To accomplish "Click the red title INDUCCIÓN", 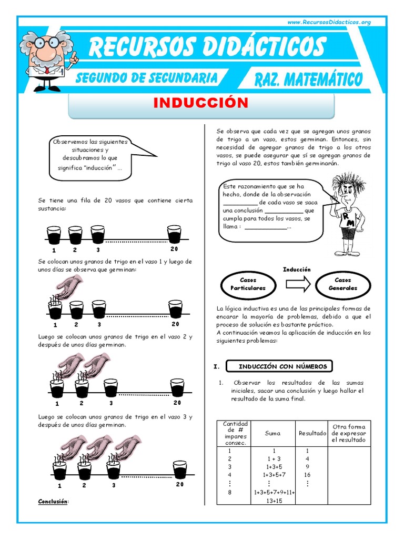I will click(201, 103).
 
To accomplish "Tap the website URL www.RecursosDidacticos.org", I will click(329, 22).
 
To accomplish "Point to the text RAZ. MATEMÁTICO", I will click(308, 80).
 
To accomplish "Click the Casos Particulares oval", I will click(248, 284).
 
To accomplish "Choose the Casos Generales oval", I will click(342, 284).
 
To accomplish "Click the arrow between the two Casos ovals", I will click(297, 284).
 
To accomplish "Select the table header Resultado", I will click(312, 433).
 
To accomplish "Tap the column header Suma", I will click(273, 433).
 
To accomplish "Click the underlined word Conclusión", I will click(53, 502).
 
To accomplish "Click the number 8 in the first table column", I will click(229, 492).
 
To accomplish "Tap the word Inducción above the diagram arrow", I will click(297, 269).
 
